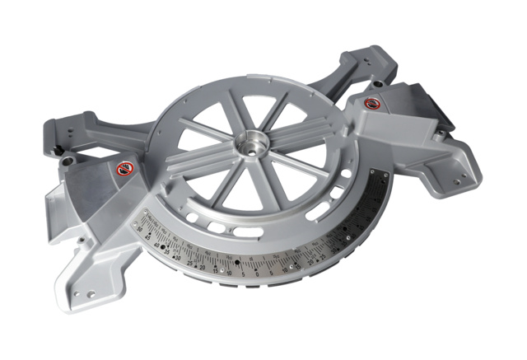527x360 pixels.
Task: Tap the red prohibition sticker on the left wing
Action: [x=123, y=170]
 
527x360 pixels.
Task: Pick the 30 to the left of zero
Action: [x=177, y=255]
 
